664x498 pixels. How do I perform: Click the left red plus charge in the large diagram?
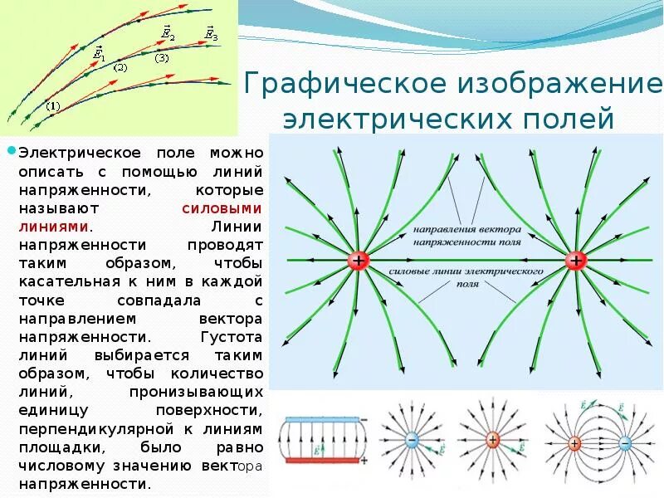pyautogui.click(x=359, y=261)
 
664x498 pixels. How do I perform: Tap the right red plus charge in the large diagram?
pyautogui.click(x=575, y=261)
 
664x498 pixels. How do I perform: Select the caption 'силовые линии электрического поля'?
pyautogui.click(x=466, y=276)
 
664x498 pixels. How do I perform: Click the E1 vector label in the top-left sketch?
pyautogui.click(x=99, y=53)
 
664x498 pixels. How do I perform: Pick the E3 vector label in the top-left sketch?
pyautogui.click(x=212, y=34)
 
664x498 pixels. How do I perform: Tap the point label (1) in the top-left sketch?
pyautogui.click(x=53, y=105)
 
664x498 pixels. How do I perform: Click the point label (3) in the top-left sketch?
pyautogui.click(x=161, y=58)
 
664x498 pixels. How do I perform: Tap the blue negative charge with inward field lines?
pyautogui.click(x=411, y=441)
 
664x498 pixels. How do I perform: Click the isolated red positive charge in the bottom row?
pyautogui.click(x=492, y=440)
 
